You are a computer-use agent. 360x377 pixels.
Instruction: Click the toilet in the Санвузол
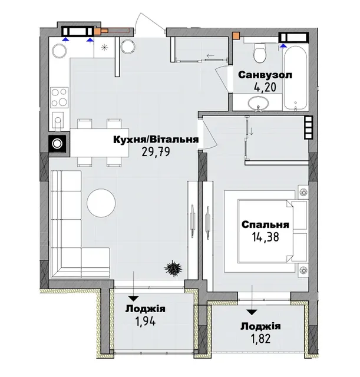tap(260, 52)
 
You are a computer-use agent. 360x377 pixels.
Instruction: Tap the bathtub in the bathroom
tap(295, 78)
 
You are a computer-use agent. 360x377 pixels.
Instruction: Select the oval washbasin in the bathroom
tap(258, 104)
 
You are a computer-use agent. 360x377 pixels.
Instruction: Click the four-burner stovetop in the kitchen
tap(59, 97)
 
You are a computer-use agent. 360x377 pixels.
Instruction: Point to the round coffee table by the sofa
tap(101, 203)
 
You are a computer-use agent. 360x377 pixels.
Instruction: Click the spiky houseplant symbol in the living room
tap(173, 267)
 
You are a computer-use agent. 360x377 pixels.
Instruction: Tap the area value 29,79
tap(156, 152)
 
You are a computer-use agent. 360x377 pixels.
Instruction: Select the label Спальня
tap(265, 224)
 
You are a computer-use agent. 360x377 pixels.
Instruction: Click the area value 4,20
tap(265, 87)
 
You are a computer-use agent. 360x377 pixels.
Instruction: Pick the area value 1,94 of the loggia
tap(146, 321)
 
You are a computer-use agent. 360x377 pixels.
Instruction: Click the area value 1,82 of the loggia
tap(260, 338)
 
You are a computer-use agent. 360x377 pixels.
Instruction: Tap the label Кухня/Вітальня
tap(156, 140)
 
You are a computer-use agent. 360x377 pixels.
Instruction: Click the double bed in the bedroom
tap(273, 231)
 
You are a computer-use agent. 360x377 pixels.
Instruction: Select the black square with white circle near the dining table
tap(58, 144)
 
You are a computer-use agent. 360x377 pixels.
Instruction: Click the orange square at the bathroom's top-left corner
tap(236, 35)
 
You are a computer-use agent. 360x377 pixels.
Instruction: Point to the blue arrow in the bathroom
tap(284, 45)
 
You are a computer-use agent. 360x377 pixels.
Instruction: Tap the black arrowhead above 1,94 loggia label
tap(134, 299)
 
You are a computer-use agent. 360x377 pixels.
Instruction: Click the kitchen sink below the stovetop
tap(57, 120)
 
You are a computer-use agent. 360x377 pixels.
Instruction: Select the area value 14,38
tap(265, 237)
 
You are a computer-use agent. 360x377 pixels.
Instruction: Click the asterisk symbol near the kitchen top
tap(104, 47)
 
